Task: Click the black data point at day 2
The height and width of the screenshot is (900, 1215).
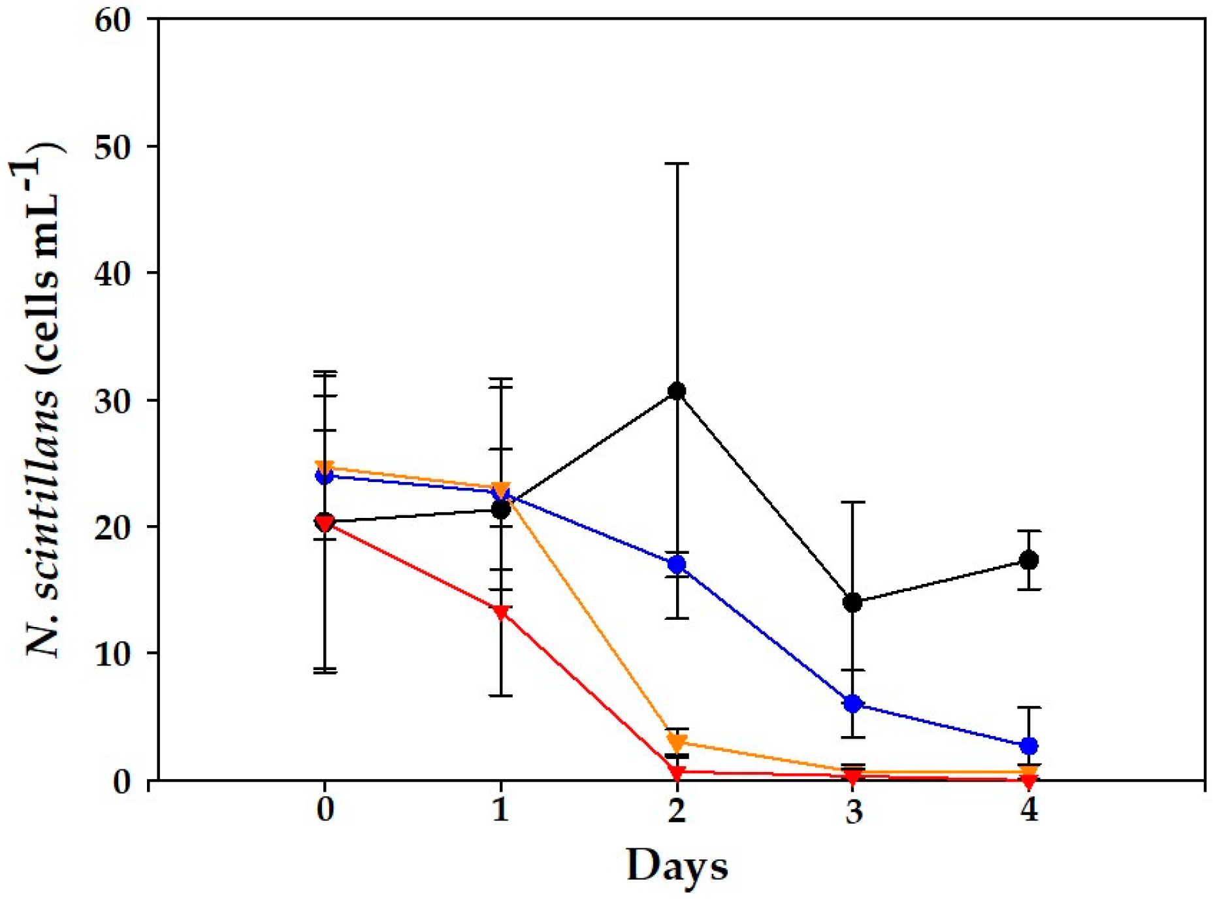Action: pyautogui.click(x=677, y=391)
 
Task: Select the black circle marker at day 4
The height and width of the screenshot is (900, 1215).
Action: pyautogui.click(x=1029, y=560)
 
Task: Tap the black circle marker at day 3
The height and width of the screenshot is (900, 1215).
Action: pyautogui.click(x=852, y=602)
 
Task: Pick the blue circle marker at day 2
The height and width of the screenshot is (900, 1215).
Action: pyautogui.click(x=677, y=564)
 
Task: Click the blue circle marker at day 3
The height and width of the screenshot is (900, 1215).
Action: pyautogui.click(x=852, y=704)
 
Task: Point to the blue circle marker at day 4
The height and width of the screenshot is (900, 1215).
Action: pyautogui.click(x=1029, y=746)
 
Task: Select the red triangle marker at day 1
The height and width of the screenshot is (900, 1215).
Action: pyautogui.click(x=501, y=613)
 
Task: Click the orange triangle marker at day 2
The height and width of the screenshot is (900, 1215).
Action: pyautogui.click(x=677, y=743)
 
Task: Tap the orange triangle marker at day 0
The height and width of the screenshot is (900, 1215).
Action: pyautogui.click(x=325, y=468)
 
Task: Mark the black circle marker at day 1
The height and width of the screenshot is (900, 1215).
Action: pyautogui.click(x=501, y=509)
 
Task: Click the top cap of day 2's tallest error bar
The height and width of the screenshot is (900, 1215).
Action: pyautogui.click(x=677, y=163)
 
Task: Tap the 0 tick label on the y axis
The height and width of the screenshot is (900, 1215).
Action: pyautogui.click(x=121, y=781)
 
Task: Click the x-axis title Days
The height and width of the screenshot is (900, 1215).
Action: pyautogui.click(x=677, y=866)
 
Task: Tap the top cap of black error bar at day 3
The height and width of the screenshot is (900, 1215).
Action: pyautogui.click(x=852, y=502)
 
